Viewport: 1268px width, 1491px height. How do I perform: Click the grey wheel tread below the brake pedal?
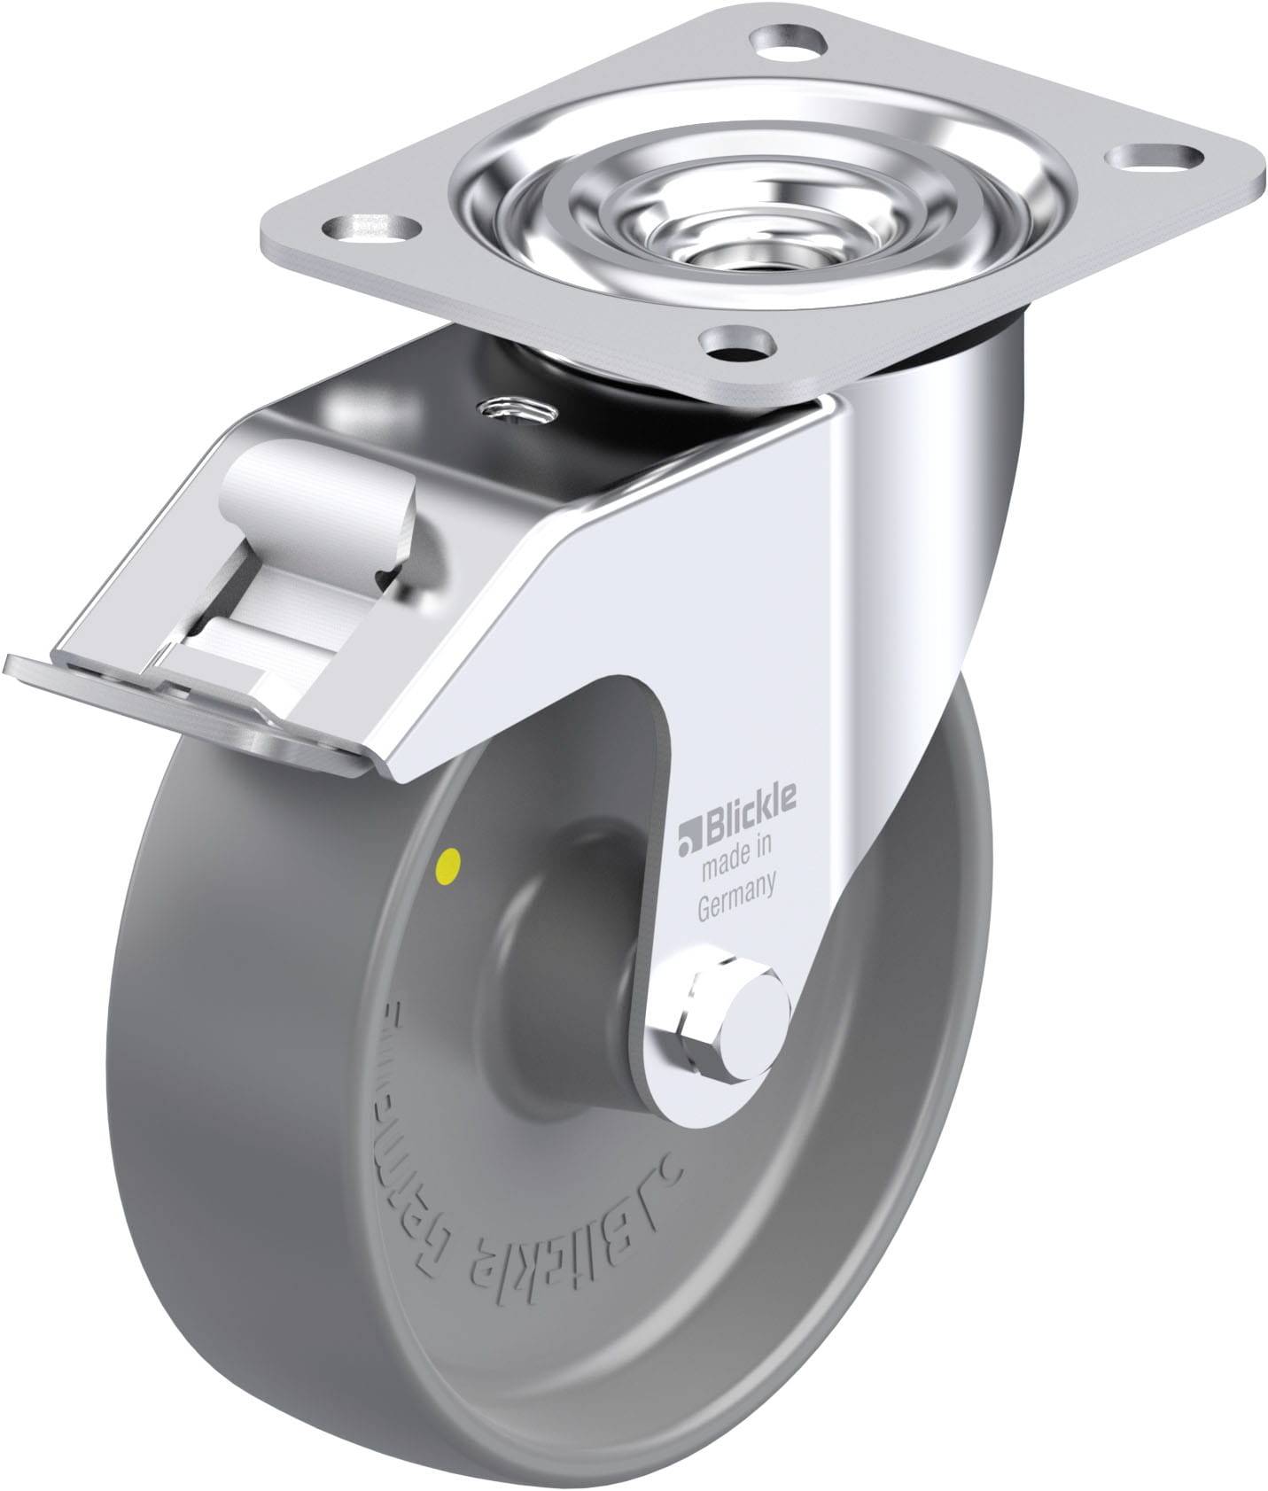click(292, 1019)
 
